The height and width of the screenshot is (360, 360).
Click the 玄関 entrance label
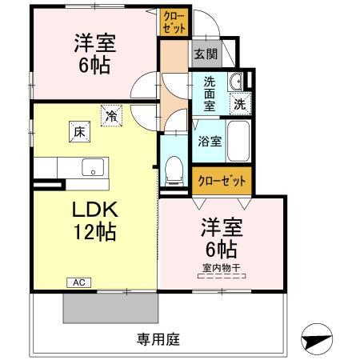(206, 54)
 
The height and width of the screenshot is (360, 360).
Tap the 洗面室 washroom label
(209, 92)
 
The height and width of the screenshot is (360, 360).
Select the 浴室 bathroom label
(210, 141)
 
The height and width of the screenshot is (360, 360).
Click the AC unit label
(79, 282)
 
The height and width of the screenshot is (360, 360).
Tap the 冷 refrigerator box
(110, 116)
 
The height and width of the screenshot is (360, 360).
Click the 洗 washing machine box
(239, 102)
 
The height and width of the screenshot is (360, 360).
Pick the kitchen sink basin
(92, 168)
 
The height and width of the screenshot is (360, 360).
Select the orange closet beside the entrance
(175, 21)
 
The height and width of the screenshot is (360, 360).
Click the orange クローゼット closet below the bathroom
(222, 180)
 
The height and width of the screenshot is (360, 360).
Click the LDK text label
(95, 210)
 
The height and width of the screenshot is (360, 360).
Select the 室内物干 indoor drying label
(222, 269)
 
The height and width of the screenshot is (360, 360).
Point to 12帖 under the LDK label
(96, 233)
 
